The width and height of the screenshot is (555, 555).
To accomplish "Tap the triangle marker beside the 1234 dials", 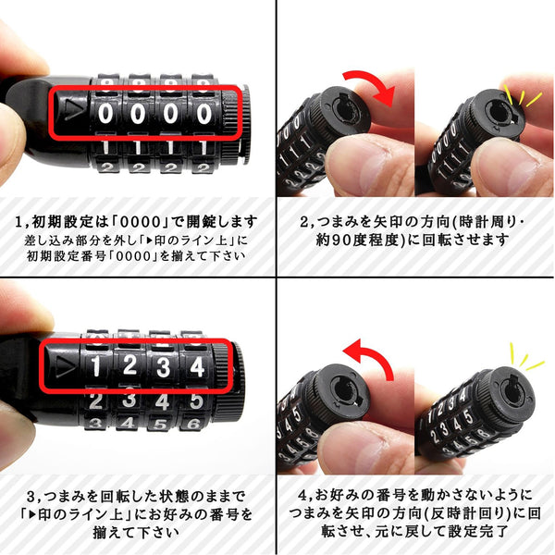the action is click(66, 365).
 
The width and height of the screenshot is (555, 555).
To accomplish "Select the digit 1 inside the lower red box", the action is click(96, 366).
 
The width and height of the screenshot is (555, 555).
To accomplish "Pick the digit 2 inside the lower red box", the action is click(129, 365).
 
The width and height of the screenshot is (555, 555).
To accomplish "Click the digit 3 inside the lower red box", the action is click(163, 366).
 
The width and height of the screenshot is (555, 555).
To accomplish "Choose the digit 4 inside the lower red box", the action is click(197, 366).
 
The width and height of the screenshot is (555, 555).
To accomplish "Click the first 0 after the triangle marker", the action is click(105, 114).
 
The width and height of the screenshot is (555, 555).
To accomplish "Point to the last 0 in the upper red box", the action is click(203, 114).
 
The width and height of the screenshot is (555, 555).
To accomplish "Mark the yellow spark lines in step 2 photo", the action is click(522, 95).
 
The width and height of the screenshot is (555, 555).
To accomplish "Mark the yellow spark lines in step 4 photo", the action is click(525, 357).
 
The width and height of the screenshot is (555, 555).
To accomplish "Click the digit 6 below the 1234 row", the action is click(194, 424).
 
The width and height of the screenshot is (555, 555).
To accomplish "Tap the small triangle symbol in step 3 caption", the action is click(32, 514).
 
